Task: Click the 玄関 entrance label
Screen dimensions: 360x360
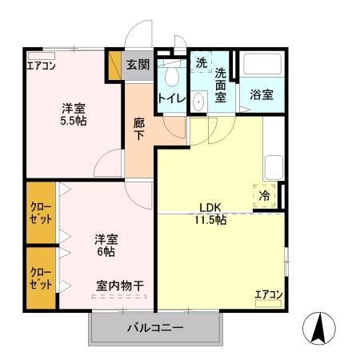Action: (x=138, y=65)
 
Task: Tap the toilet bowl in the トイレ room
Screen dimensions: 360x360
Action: (x=172, y=76)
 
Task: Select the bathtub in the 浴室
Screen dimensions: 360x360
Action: (x=262, y=65)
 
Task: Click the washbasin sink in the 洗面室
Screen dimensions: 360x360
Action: (x=198, y=102)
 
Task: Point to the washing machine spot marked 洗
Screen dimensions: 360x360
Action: (x=202, y=62)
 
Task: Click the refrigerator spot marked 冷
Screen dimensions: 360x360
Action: (x=264, y=196)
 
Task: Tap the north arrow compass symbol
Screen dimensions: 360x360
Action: (x=319, y=328)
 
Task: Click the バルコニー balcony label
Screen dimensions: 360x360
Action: (x=155, y=328)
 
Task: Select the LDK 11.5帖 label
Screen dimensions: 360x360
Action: (x=210, y=214)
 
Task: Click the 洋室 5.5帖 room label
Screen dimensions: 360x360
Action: (x=74, y=114)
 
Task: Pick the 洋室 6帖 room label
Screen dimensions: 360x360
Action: (x=106, y=246)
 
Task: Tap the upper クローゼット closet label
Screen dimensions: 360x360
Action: (x=41, y=213)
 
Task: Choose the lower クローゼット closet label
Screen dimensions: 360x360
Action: (x=41, y=278)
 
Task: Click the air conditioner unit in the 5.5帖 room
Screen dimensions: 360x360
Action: (x=42, y=56)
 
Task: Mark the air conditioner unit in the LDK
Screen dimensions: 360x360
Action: (x=268, y=303)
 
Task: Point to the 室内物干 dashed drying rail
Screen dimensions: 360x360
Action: (x=119, y=296)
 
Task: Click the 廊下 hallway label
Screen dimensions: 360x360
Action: (x=139, y=129)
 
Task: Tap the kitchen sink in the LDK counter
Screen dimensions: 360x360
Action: (x=274, y=167)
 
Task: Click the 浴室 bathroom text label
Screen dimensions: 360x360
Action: (x=262, y=94)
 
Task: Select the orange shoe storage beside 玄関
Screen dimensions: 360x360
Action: (x=115, y=65)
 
